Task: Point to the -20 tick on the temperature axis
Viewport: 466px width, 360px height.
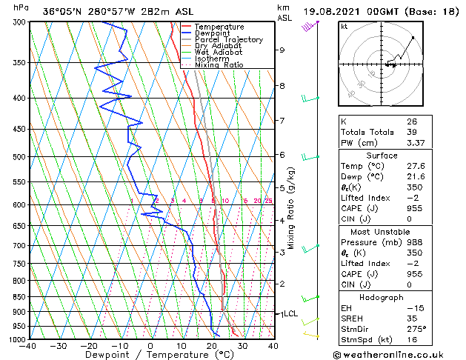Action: pos(89,346)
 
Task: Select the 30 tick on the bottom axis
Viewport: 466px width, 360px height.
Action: pos(242,346)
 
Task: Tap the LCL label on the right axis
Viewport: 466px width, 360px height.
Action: pos(290,314)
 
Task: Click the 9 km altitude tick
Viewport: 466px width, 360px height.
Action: pos(282,50)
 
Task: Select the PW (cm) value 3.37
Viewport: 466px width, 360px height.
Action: pos(414,144)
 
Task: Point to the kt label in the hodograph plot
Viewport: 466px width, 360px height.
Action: pos(344,26)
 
